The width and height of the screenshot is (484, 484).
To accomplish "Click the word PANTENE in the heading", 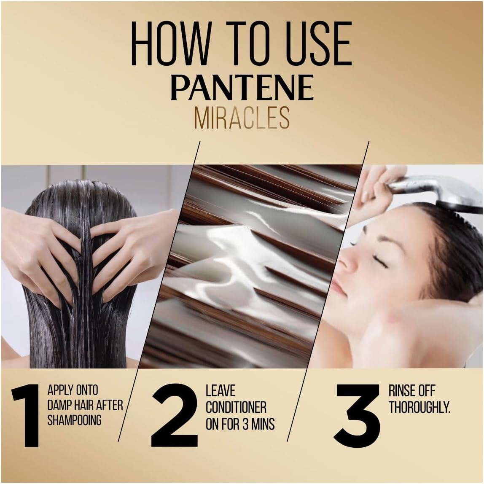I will pos(242,88).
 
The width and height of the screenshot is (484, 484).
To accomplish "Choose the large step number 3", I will pos(358,415).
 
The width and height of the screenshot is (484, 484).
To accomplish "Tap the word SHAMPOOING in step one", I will pos(74,420).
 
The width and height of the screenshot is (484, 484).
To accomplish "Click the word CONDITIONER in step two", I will pos(236,407).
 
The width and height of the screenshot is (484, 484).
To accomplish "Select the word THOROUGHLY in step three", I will pos(419,407).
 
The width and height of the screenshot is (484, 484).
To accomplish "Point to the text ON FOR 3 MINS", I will pos(240,424).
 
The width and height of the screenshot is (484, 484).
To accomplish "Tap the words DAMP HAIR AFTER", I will pos(85,405).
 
